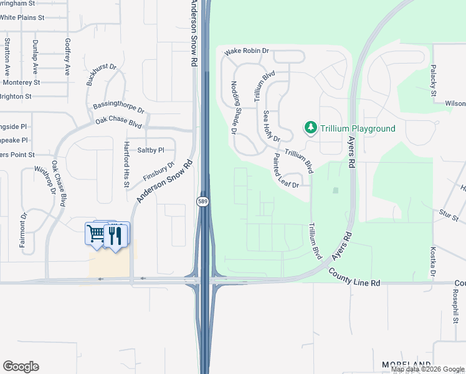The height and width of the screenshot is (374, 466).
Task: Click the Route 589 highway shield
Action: click(202, 201)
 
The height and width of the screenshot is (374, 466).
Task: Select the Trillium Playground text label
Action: click(358, 128)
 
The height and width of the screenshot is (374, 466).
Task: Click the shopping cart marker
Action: click(97, 234)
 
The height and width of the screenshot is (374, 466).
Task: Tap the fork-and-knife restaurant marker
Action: click(114, 236)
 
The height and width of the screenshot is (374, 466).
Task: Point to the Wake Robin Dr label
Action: click(246, 51)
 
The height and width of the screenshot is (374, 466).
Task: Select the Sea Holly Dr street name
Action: click(272, 126)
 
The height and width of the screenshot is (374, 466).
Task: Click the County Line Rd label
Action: click(354, 278)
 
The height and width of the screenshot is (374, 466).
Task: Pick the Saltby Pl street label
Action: click(150, 150)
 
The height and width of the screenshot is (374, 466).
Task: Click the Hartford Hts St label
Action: click(126, 163)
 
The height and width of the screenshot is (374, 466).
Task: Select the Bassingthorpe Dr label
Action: click(118, 107)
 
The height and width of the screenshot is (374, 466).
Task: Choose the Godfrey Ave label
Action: click(68, 55)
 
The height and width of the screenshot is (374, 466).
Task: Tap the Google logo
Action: click(21, 367)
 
